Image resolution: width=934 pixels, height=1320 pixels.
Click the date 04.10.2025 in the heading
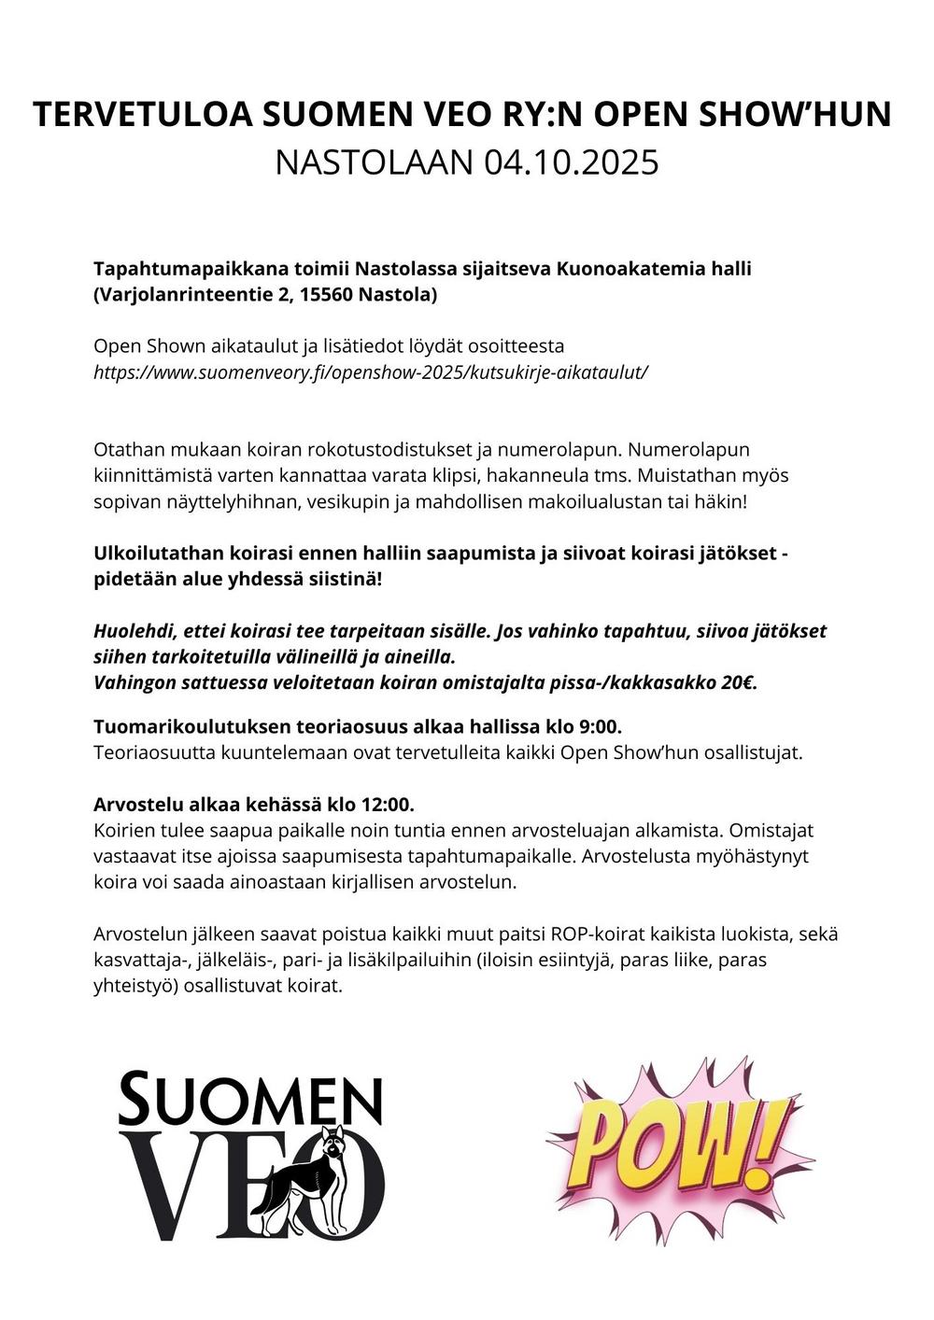tap(572, 162)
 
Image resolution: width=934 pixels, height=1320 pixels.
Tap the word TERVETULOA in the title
tap(141, 114)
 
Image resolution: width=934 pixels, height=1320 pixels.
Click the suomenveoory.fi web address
tap(371, 372)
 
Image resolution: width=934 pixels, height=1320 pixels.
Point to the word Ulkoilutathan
tap(157, 553)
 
